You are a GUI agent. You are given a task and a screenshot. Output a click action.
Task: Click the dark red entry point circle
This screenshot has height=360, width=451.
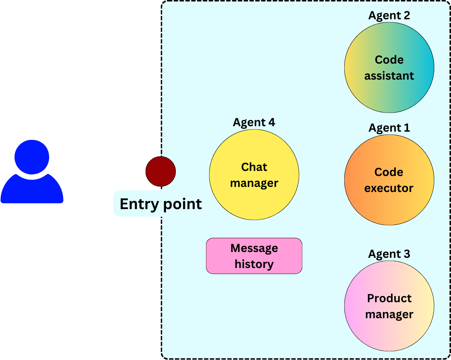tap(161, 171)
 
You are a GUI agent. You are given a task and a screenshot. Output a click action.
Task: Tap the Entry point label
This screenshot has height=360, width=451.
tap(161, 204)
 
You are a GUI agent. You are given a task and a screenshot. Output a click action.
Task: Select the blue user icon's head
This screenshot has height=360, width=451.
tap(32, 157)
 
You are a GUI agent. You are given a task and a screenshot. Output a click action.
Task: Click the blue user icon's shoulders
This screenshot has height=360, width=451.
tap(32, 191)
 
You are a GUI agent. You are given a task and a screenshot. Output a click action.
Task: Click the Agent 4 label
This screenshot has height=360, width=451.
tap(254, 123)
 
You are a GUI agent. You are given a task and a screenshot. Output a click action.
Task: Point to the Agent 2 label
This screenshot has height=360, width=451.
tap(389, 16)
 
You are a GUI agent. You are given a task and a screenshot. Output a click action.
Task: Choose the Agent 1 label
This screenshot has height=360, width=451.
tap(389, 128)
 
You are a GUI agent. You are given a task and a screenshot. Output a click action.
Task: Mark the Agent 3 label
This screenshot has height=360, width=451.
tap(389, 254)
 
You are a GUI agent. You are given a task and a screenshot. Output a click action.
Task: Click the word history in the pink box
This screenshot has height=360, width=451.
tap(254, 264)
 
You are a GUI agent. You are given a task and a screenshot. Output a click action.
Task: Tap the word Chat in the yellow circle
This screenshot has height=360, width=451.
tap(254, 167)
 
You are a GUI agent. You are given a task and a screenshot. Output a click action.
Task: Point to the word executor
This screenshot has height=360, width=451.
tap(389, 188)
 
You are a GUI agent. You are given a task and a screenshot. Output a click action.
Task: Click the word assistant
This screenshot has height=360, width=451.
tap(389, 76)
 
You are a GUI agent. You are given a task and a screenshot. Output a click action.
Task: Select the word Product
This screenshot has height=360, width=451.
tap(389, 298)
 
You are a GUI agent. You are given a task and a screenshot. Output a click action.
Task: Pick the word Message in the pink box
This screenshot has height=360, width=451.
tap(254, 248)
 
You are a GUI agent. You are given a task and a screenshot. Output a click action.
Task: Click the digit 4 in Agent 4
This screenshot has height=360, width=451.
tap(271, 123)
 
